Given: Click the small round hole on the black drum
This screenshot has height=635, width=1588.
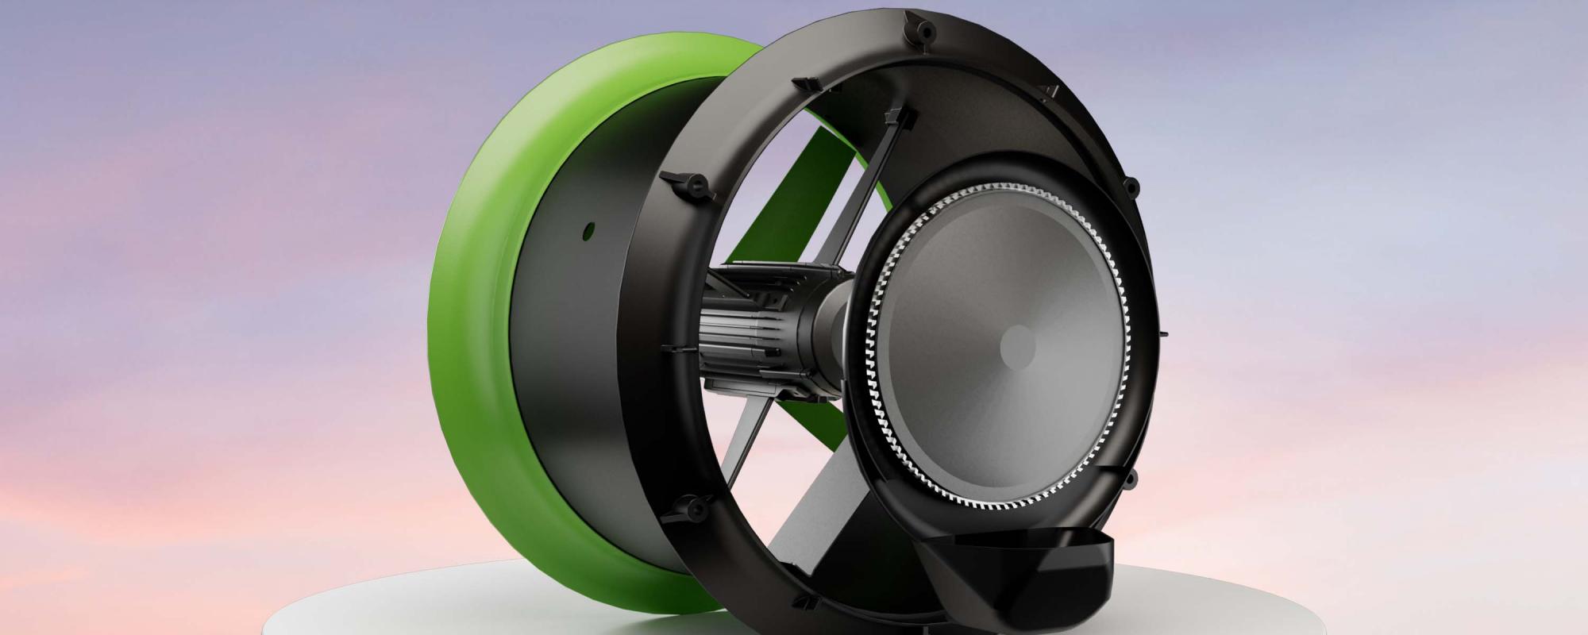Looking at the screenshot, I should (588, 231).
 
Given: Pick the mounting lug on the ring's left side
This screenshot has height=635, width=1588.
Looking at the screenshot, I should (688, 184).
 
